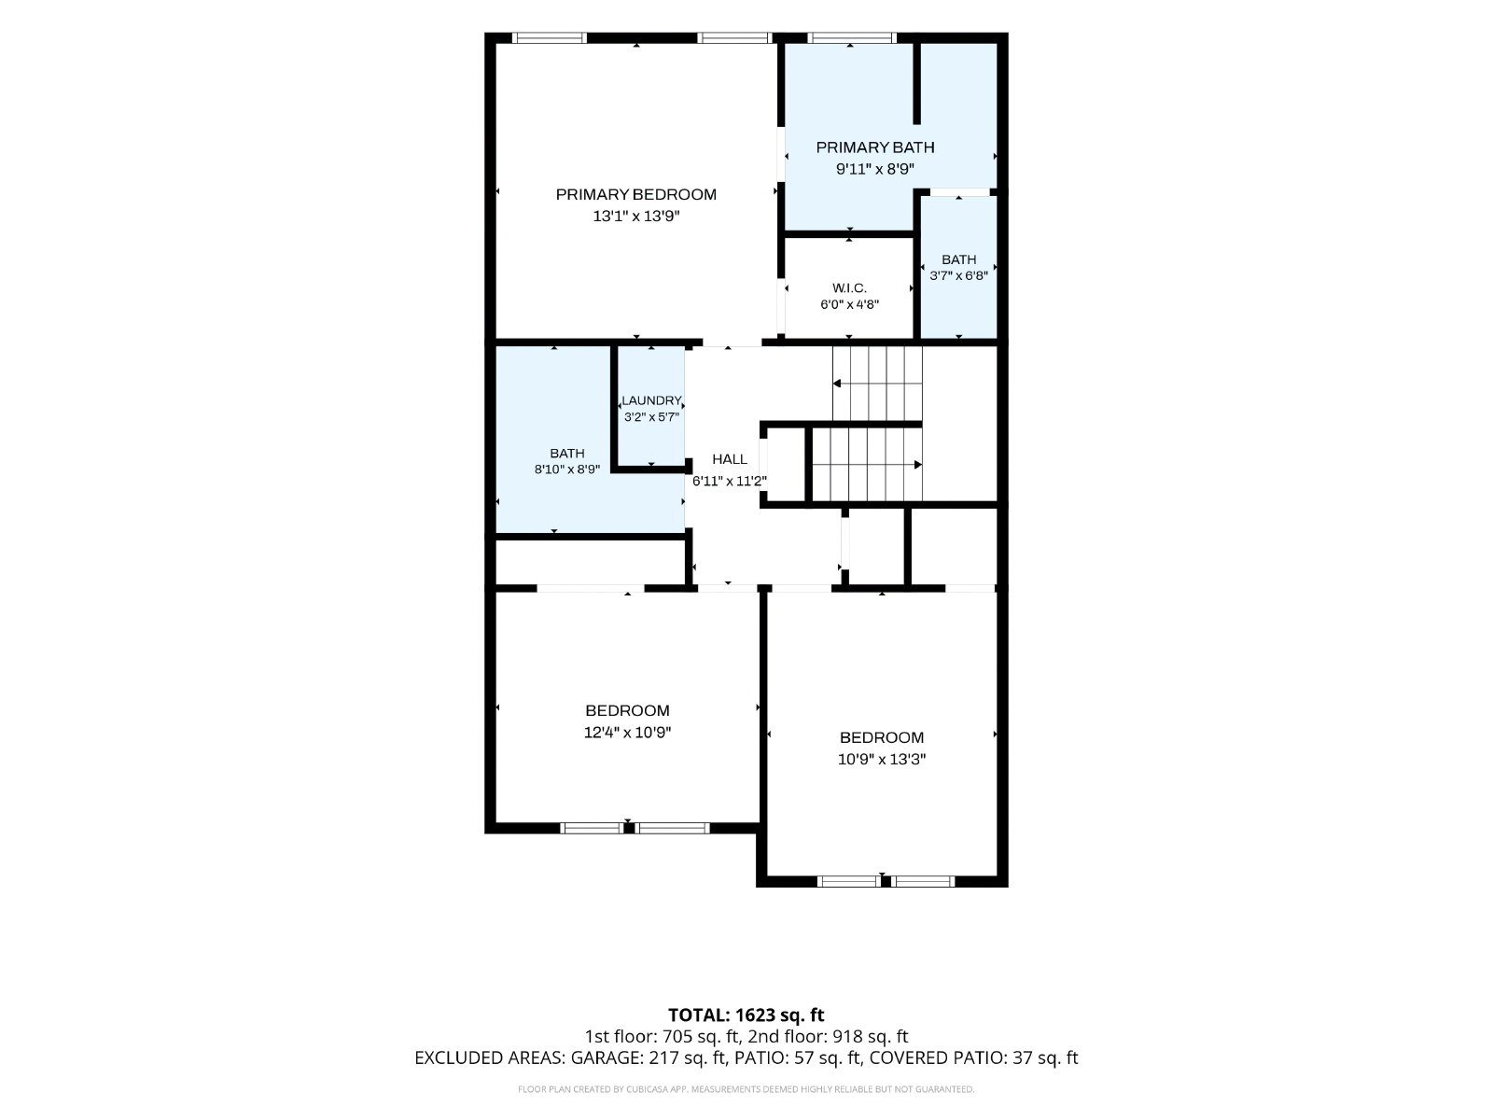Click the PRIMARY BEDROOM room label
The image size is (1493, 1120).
pyautogui.click(x=636, y=194)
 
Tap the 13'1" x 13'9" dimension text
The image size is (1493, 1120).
pyautogui.click(x=636, y=217)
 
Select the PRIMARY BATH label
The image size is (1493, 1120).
pyautogui.click(x=874, y=147)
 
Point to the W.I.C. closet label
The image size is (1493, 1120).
pyautogui.click(x=849, y=288)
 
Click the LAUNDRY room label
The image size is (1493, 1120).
pyautogui.click(x=651, y=400)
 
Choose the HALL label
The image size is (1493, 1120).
pyautogui.click(x=729, y=460)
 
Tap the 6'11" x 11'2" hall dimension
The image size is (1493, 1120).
pyautogui.click(x=729, y=482)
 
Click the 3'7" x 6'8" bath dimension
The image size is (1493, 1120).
pyautogui.click(x=958, y=276)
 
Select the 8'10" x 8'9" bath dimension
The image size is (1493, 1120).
pyautogui.click(x=566, y=469)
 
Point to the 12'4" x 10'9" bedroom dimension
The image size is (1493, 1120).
pyautogui.click(x=627, y=733)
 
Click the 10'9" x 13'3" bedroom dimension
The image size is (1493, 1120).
pyautogui.click(x=882, y=760)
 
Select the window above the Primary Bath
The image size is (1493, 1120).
pyautogui.click(x=850, y=38)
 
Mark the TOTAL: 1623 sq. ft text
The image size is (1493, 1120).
pyautogui.click(x=746, y=1015)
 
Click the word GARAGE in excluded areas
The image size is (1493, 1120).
pyautogui.click(x=606, y=1058)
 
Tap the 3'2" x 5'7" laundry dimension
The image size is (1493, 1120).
pyautogui.click(x=651, y=417)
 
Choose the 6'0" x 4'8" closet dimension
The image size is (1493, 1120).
pyautogui.click(x=849, y=304)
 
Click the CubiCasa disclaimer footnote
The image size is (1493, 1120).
pyautogui.click(x=746, y=1089)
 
